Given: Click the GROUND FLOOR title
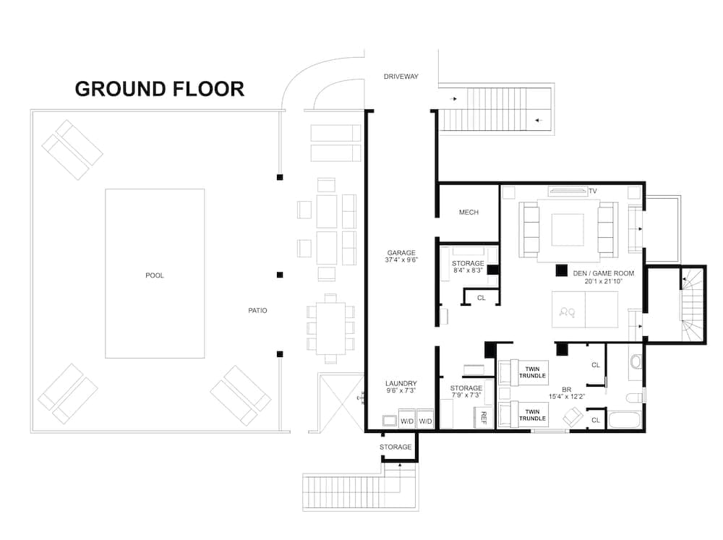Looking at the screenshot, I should (159, 89).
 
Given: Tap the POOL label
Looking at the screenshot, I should (154, 275).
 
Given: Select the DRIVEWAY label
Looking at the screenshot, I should (401, 77).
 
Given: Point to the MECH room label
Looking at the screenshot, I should (469, 213).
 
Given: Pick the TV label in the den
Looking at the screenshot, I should (592, 192).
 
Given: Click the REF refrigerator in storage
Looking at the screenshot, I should (483, 416).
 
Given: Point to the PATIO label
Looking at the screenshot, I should (257, 311).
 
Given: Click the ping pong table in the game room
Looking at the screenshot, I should (585, 309).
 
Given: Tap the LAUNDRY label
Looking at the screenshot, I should (401, 384).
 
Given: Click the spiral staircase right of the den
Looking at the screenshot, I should (690, 304).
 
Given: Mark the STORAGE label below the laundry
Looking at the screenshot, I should (395, 447).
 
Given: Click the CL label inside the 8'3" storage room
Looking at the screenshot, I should (481, 297).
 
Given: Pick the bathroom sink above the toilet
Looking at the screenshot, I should (635, 361).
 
